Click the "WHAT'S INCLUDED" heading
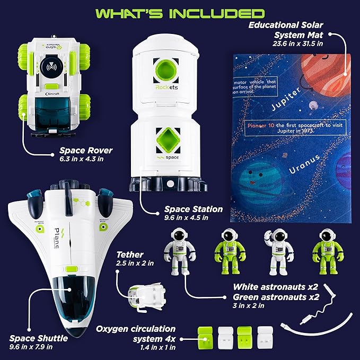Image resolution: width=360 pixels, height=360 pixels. (179, 12)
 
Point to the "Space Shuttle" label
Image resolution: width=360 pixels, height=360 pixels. (38, 338)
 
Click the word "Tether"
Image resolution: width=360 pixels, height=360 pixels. (128, 254)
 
